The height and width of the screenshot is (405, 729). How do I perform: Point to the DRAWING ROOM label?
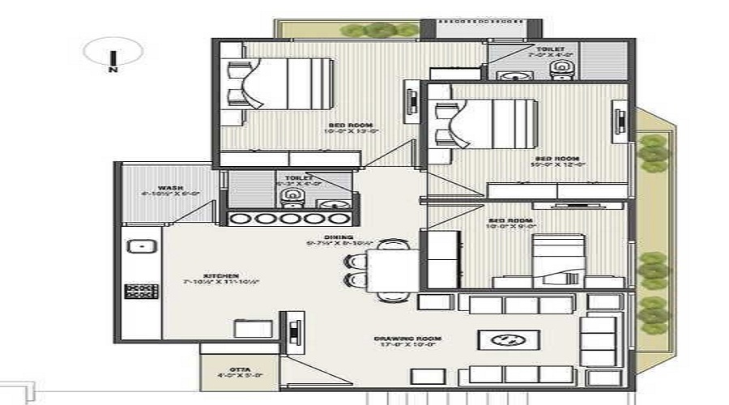[395, 338]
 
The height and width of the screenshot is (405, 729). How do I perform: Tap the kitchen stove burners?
[140, 290]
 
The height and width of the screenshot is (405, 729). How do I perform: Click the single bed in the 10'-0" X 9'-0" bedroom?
[558, 259]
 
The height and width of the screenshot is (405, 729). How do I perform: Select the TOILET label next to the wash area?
[292, 177]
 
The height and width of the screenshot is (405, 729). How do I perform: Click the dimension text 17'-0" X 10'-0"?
[395, 344]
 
